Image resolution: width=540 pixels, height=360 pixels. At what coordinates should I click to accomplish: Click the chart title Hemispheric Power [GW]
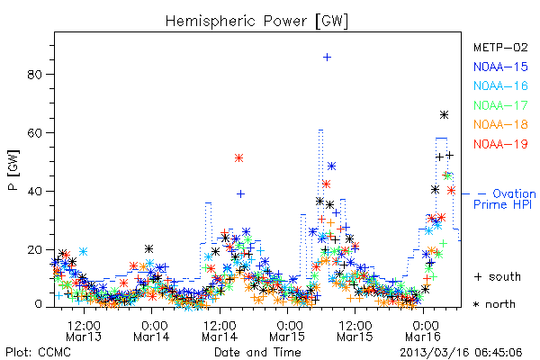[256, 22]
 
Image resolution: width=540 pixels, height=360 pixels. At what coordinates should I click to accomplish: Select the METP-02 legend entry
[500, 47]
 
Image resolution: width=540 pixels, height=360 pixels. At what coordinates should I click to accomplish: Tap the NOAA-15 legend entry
[500, 67]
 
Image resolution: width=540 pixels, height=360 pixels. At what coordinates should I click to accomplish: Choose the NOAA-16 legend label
[500, 85]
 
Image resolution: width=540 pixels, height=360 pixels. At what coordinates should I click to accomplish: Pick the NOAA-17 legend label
[500, 105]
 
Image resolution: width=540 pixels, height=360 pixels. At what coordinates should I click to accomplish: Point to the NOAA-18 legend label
[500, 124]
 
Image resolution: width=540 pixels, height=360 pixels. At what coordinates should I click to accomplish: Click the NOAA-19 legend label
[500, 144]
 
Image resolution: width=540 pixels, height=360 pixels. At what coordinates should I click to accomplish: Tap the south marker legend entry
[498, 276]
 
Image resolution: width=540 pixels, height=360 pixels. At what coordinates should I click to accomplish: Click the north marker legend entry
[494, 304]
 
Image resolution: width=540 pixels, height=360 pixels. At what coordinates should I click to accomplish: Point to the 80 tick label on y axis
[34, 75]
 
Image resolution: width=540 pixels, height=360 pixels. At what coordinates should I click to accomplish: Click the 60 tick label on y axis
[34, 133]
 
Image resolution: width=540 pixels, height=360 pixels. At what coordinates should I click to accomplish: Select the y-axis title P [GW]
[14, 170]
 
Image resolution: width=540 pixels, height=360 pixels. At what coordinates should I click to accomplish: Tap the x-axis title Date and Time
[257, 352]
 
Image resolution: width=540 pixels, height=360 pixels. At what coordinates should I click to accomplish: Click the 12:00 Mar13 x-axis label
[84, 330]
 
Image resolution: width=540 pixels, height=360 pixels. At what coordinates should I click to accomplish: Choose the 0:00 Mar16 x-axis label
[423, 330]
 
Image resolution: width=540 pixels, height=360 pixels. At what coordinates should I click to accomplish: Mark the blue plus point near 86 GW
[328, 58]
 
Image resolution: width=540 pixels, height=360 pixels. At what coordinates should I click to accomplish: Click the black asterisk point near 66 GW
[445, 114]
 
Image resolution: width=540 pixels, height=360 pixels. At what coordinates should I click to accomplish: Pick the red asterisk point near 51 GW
[239, 158]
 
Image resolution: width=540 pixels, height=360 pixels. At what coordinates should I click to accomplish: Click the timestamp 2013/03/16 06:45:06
[461, 353]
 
